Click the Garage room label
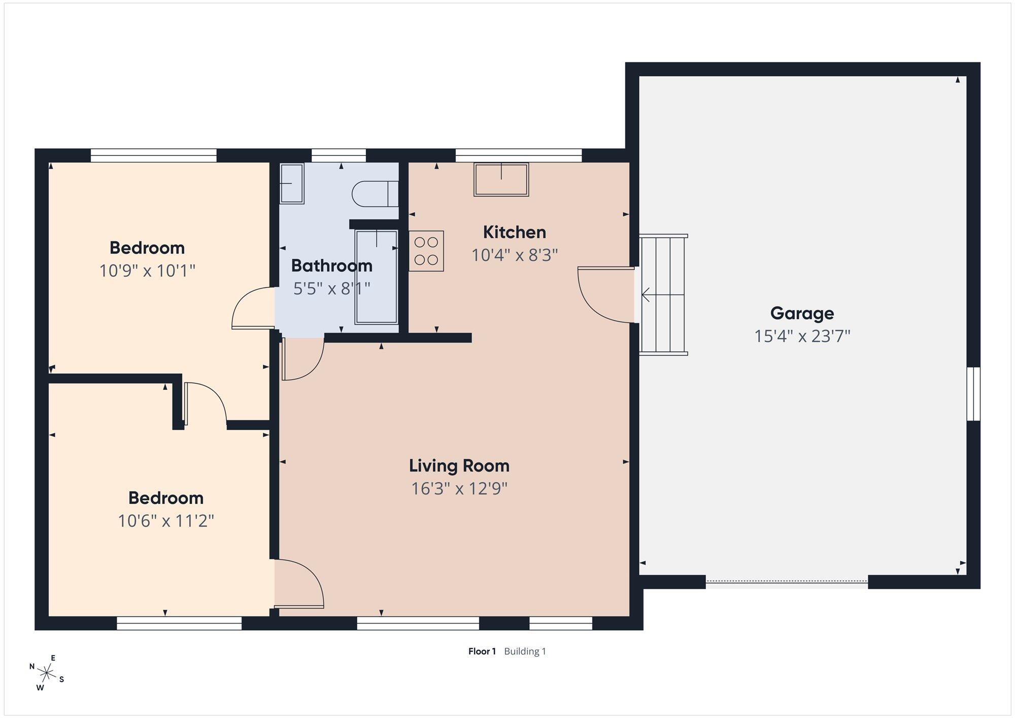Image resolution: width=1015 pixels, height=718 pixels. tap(802, 313)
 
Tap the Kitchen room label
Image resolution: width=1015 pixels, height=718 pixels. tap(515, 232)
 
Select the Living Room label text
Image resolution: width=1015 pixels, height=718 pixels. tap(459, 466)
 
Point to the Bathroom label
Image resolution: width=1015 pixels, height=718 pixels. tap(332, 266)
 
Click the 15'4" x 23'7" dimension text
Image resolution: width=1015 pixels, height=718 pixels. tap(802, 336)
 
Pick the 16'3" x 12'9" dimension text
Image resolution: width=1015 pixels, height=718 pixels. tap(459, 488)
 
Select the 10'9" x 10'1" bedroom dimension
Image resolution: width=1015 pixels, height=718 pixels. tap(147, 271)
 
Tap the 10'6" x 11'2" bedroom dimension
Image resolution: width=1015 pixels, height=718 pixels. tap(166, 521)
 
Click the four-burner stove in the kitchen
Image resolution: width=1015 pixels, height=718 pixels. tap(426, 251)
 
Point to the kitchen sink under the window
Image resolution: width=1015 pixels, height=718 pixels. tap(501, 179)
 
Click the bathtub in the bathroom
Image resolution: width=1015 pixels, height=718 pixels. tap(376, 277)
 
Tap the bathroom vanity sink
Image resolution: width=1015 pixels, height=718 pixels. tap(291, 183)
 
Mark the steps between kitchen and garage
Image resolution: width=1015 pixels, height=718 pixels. tap(663, 295)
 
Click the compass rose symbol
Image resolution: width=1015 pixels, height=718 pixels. tap(47, 673)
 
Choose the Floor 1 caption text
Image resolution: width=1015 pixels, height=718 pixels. tap(482, 651)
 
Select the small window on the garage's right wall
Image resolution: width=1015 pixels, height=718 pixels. tap(973, 394)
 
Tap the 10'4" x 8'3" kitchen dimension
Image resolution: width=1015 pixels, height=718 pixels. tap(515, 255)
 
